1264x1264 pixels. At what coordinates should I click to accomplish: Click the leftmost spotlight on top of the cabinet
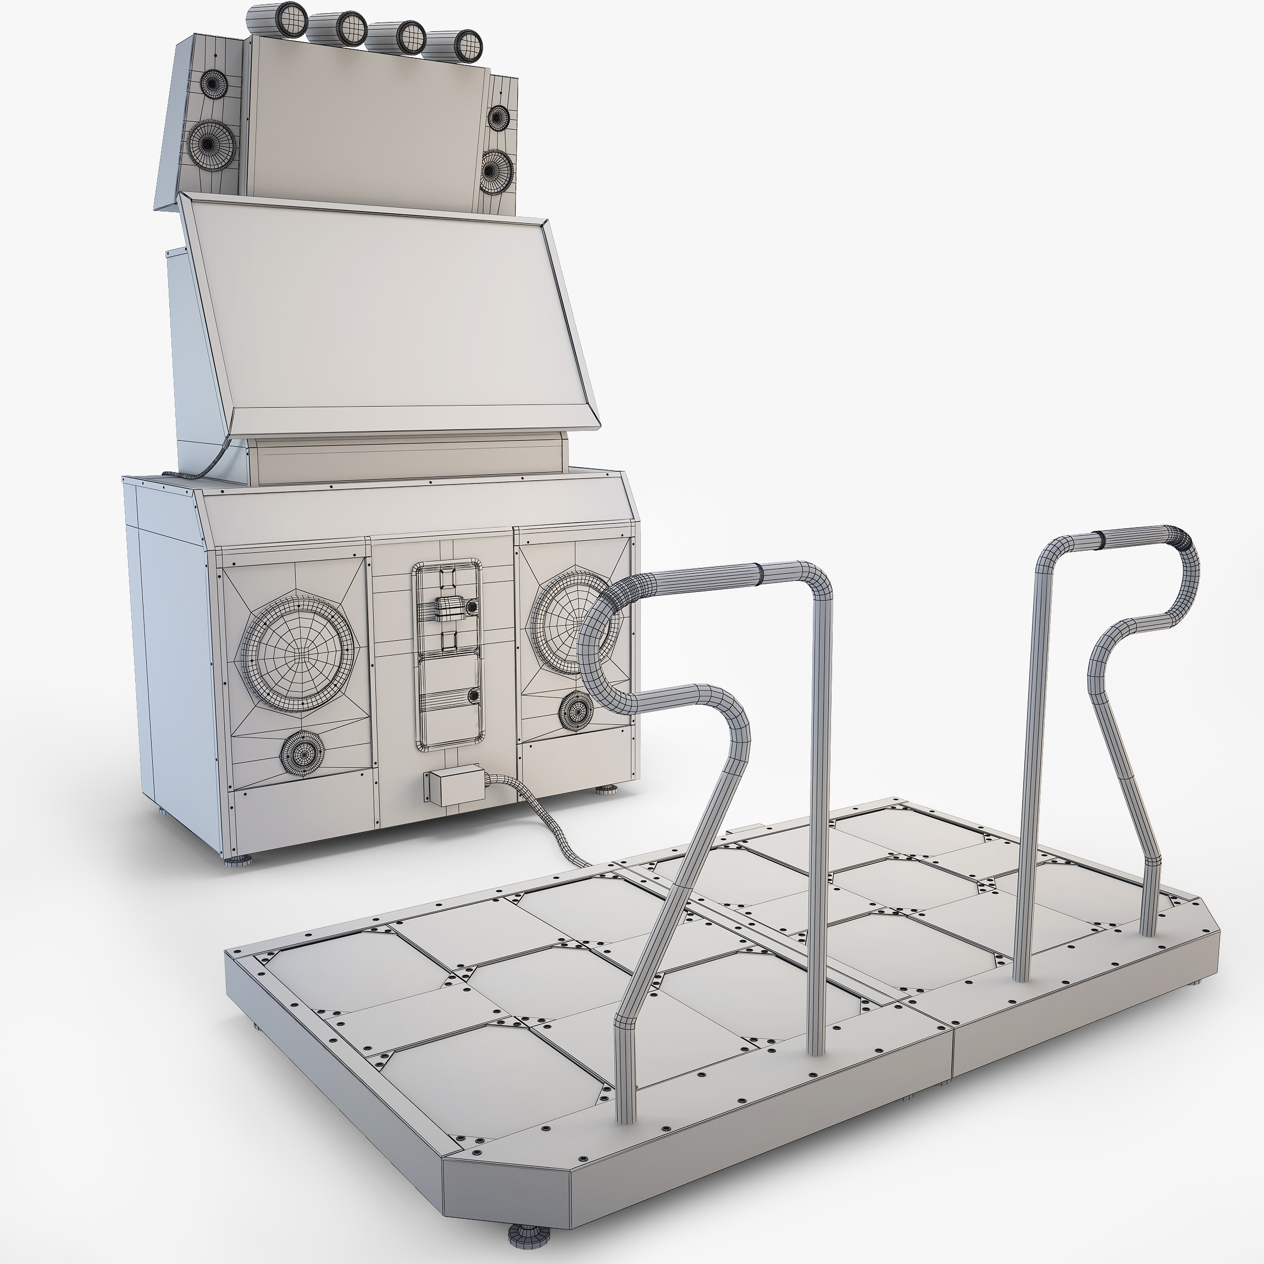point(285,18)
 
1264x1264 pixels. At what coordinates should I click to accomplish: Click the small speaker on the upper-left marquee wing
point(212,84)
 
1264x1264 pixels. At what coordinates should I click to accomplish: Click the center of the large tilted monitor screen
point(386,314)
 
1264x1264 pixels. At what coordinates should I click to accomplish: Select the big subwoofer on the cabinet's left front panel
point(298,653)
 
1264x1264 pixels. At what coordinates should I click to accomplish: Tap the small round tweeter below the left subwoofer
point(302,753)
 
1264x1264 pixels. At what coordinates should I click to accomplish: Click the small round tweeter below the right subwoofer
point(576,710)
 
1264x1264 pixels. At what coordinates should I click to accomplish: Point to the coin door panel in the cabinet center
point(447,654)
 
